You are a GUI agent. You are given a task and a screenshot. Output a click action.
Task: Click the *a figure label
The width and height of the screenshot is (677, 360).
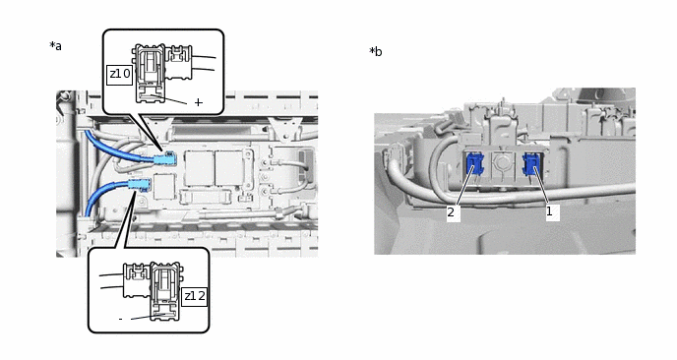[55, 46]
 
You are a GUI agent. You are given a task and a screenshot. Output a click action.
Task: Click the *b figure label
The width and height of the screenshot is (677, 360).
[375, 52]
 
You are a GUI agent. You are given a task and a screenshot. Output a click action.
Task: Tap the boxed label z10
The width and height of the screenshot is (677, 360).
[119, 74]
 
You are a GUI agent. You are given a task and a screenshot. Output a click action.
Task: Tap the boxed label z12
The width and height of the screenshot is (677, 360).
[195, 295]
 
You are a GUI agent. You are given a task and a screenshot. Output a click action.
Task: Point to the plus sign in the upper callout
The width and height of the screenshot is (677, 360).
[198, 102]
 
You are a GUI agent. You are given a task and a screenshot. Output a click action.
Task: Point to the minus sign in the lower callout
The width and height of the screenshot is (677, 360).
[120, 319]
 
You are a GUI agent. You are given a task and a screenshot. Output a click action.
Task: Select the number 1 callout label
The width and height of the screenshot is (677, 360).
[550, 210]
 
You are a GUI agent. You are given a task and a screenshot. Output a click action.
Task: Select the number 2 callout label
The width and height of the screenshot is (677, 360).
[451, 211]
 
